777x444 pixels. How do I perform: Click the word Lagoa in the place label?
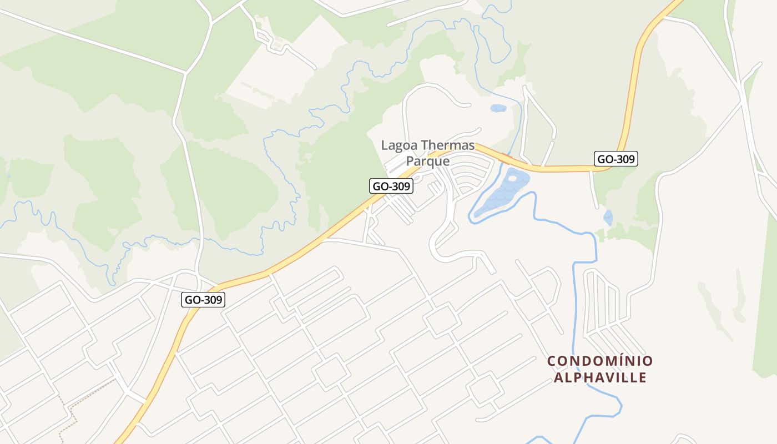point(399,145)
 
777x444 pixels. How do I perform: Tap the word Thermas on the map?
point(448,145)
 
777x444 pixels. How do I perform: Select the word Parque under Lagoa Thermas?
point(427,162)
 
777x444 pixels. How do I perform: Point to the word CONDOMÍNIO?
point(600,361)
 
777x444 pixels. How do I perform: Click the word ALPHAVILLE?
point(600,378)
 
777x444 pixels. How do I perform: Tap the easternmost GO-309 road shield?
point(615,159)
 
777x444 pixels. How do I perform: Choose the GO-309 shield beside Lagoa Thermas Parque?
point(392,186)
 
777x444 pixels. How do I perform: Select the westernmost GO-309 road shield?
point(204,300)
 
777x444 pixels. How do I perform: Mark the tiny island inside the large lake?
point(511,179)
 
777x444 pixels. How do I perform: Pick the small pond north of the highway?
point(498,108)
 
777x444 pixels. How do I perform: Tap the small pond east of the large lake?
point(608,217)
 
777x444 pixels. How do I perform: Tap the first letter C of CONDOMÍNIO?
point(552,361)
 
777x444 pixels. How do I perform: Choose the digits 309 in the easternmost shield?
point(624,159)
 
